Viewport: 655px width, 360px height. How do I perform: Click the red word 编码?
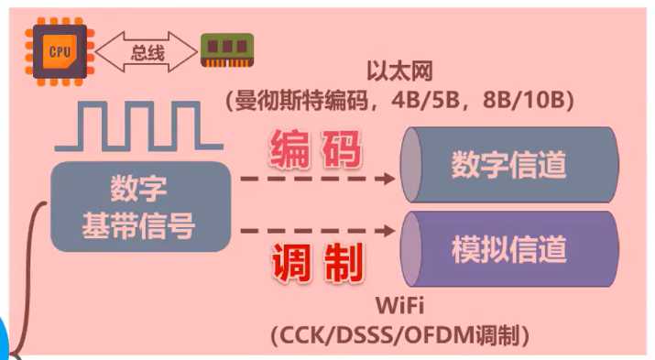click(315, 151)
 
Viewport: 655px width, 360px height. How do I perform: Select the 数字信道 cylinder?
click(509, 164)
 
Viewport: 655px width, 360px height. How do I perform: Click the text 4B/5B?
click(446, 100)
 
